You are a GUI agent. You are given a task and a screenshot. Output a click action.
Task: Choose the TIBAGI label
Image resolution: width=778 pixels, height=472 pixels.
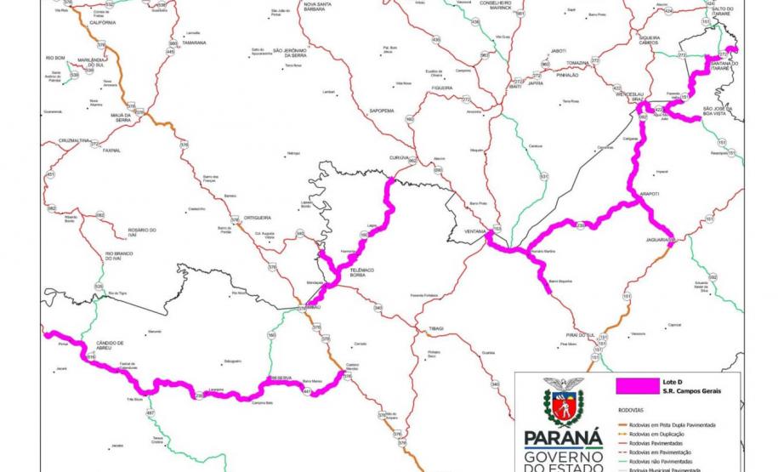[x=427, y=327]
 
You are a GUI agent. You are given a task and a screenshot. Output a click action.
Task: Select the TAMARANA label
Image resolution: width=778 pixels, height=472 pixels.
[x=194, y=42]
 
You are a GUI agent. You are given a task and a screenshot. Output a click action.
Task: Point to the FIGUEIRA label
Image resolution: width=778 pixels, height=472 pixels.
[x=441, y=88]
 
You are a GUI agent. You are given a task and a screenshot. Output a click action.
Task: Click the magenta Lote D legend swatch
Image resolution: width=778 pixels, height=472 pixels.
[x=630, y=384]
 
